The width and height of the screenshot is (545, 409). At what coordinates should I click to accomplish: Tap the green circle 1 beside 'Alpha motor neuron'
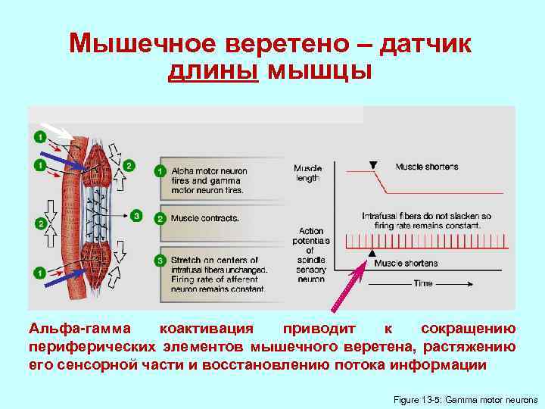[160, 171]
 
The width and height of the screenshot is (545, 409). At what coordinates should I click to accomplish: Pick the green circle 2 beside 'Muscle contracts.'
[160, 218]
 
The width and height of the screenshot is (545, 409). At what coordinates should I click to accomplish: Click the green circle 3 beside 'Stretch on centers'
[160, 261]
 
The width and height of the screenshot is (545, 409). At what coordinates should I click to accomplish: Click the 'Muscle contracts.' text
[205, 219]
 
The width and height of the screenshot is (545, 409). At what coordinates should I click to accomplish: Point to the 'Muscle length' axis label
[307, 173]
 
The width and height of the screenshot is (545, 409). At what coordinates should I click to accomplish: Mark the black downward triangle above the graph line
[372, 165]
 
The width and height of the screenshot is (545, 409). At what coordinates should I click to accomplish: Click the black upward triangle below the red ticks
[372, 253]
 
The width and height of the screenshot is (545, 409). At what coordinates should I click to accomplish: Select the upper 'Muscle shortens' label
[426, 167]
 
